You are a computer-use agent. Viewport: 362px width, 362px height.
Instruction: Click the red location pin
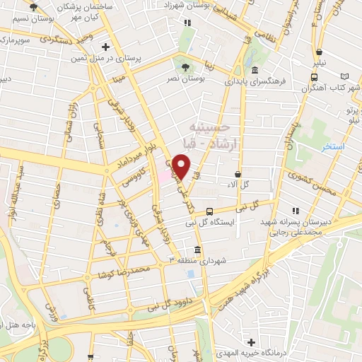click(182, 166)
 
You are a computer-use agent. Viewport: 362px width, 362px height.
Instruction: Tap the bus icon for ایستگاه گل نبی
click(209, 211)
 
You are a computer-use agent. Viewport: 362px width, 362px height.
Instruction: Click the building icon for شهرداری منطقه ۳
click(197, 251)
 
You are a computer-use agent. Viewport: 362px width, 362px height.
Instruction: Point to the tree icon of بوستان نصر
click(186, 68)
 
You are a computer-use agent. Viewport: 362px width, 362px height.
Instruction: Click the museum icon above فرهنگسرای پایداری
click(254, 71)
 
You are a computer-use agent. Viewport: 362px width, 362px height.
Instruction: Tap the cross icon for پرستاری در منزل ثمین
click(105, 47)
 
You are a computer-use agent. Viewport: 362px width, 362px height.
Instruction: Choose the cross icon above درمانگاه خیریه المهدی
click(251, 341)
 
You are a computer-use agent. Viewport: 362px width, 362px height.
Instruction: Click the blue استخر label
click(332, 147)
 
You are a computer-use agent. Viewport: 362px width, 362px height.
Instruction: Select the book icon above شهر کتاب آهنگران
click(344, 76)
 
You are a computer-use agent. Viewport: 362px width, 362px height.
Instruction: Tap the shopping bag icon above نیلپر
click(320, 52)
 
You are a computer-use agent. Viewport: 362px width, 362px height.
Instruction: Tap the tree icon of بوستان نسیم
click(33, 8)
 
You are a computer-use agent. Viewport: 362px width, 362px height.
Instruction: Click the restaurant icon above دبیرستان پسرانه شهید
click(295, 211)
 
